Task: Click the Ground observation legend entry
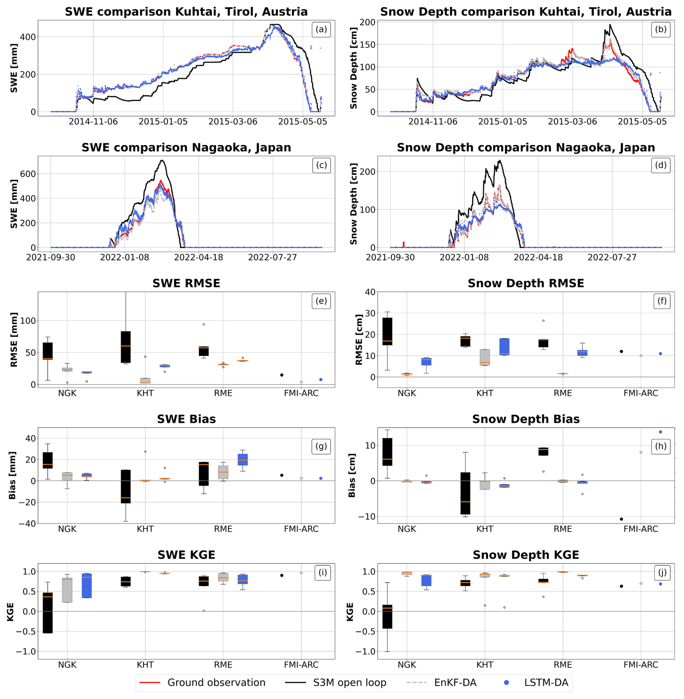(216, 682)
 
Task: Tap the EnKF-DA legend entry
(455, 682)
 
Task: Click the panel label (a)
(321, 29)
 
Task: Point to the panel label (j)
(662, 572)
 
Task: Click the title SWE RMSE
(186, 283)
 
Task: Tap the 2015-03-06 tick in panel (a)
(232, 121)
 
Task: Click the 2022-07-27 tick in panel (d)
(612, 257)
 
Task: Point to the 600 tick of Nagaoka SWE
(28, 174)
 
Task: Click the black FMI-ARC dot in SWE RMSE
(282, 375)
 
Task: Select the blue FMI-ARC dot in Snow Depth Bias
(660, 432)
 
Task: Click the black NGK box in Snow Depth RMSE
(387, 331)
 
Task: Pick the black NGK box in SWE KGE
(48, 612)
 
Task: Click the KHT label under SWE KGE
(145, 664)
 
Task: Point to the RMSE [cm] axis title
(358, 339)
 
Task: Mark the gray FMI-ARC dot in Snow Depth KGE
(641, 583)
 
